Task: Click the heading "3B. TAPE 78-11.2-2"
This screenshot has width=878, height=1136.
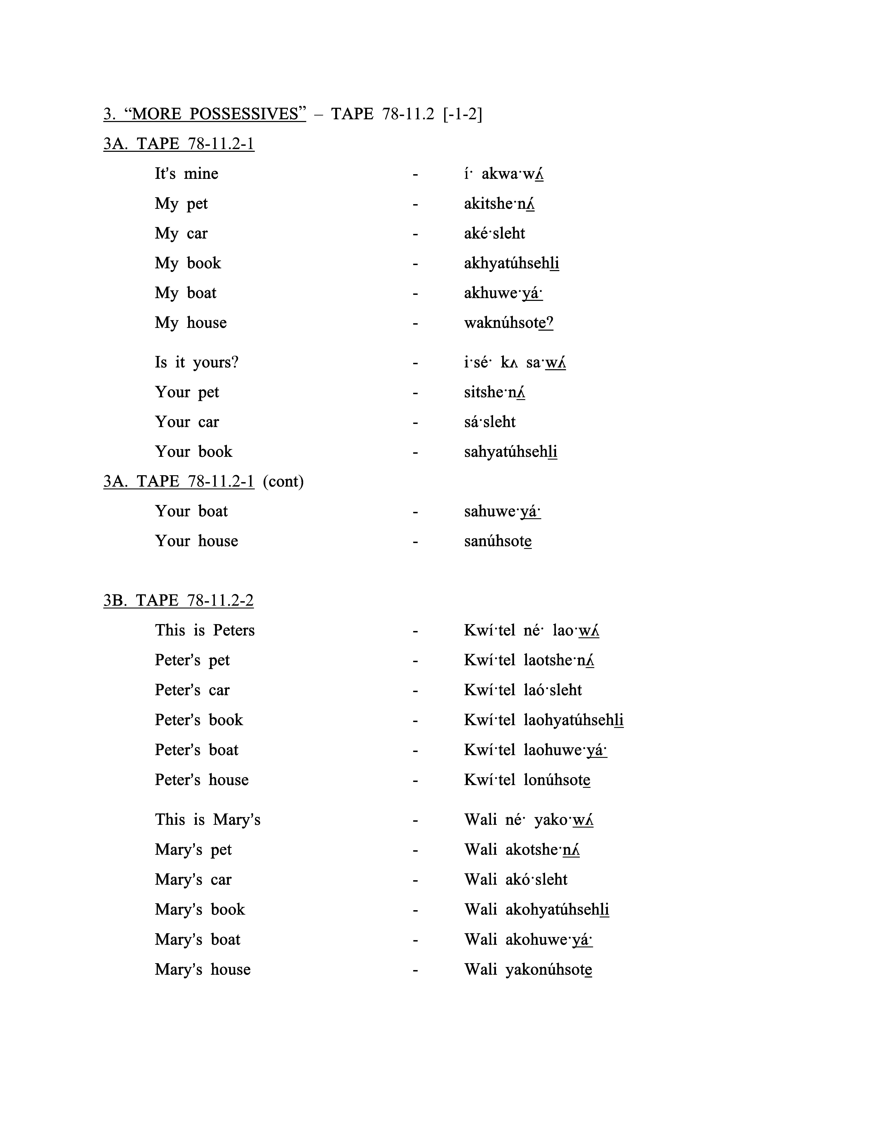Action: [x=178, y=601]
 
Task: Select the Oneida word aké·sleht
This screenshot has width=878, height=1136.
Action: [x=494, y=234]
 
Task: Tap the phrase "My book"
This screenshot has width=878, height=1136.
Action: [x=188, y=263]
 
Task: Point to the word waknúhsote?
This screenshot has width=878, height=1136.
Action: [x=508, y=323]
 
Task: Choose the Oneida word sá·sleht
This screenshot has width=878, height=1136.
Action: [x=489, y=422]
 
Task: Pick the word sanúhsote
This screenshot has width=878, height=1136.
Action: [x=498, y=541]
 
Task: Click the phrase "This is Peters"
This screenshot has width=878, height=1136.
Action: [x=204, y=630]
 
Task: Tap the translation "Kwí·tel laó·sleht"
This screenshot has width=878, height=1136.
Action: [x=523, y=690]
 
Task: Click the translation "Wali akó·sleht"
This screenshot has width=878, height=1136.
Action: [x=515, y=880]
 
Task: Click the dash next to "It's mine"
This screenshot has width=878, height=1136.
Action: [x=415, y=174]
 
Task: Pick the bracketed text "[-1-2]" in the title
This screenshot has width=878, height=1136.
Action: [x=462, y=114]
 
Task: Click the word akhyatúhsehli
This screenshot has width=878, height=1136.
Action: [x=511, y=263]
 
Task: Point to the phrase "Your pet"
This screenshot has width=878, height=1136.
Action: [x=187, y=392]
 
